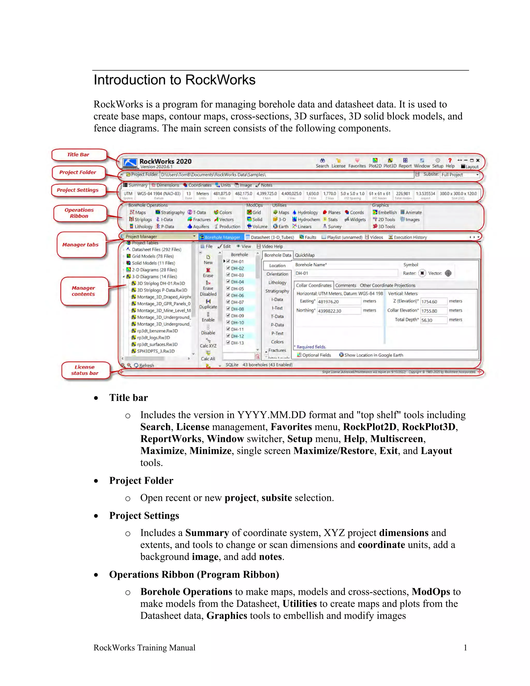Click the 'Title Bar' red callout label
point(78,155)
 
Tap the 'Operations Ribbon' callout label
point(79,213)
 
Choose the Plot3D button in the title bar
point(390,163)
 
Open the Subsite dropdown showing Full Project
point(460,175)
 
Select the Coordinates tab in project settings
point(197,185)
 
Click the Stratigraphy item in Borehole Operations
point(170,213)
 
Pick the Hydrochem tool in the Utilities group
point(306,220)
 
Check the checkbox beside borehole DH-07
point(228,302)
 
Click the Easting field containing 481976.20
point(338,302)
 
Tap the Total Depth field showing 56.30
point(433,320)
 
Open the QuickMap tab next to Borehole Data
point(304,255)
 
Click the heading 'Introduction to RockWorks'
point(175,80)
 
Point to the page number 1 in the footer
point(465,647)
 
